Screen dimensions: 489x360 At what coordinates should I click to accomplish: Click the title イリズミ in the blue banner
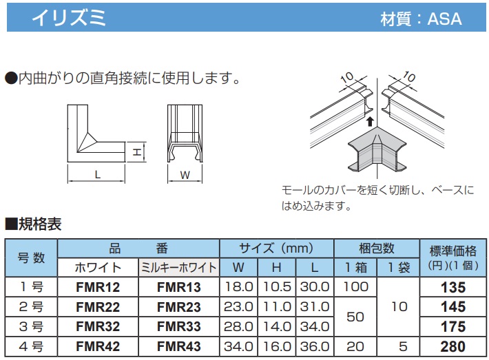pos(69,17)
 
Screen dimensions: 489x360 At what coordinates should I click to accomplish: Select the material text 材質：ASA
pos(421,19)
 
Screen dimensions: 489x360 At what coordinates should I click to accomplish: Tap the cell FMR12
pos(98,287)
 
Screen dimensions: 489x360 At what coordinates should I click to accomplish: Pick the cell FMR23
pos(178,307)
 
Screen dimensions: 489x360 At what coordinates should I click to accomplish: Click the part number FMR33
pos(178,327)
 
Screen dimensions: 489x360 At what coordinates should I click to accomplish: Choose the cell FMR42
pos(98,346)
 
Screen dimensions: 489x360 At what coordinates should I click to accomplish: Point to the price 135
pos(453,287)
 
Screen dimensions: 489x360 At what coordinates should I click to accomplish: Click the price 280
pos(453,346)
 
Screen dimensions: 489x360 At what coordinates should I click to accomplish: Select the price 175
pos(453,327)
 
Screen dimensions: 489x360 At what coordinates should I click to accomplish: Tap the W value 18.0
pos(238,287)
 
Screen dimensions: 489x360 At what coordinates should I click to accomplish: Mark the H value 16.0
pos(277,346)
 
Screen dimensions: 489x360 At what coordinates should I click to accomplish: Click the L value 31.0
pos(315,307)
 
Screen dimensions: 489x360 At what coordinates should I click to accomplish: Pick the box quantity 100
pos(355,287)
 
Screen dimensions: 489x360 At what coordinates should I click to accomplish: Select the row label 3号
pos(31,327)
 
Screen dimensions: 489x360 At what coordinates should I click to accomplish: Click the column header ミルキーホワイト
pos(178,268)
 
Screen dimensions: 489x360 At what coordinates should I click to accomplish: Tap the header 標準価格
pos(453,251)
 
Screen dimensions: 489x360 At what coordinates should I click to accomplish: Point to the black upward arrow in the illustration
pos(370,122)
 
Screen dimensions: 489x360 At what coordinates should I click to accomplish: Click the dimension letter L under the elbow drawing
pos(98,175)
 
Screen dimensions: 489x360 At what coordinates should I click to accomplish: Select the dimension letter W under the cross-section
pos(185,175)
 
